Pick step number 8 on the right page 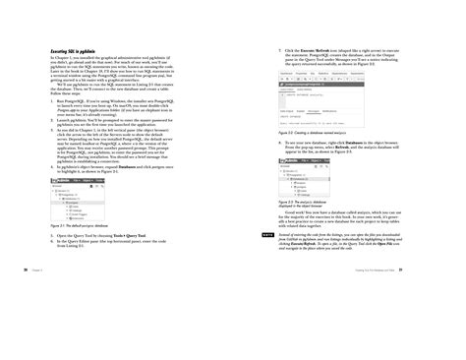pos(281,142)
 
